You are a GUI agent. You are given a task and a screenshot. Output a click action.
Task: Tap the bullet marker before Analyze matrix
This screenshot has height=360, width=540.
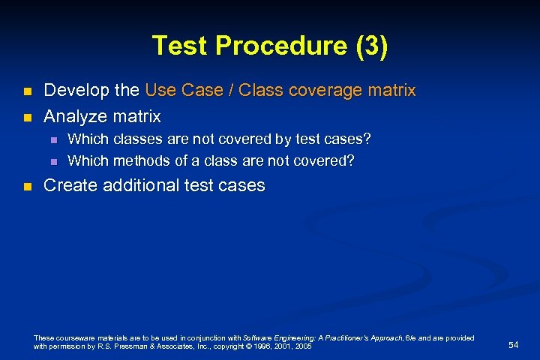click(x=27, y=117)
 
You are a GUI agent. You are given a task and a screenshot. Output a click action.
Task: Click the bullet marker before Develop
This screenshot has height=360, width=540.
click(x=27, y=91)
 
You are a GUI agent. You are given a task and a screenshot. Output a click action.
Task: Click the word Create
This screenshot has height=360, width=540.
click(x=69, y=185)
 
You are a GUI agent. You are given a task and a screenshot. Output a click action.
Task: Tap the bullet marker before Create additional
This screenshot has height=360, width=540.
click(x=27, y=186)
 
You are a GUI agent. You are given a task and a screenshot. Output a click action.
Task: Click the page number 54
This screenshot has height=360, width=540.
click(x=513, y=344)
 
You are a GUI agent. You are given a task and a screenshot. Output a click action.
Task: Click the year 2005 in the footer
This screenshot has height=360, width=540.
click(x=304, y=346)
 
